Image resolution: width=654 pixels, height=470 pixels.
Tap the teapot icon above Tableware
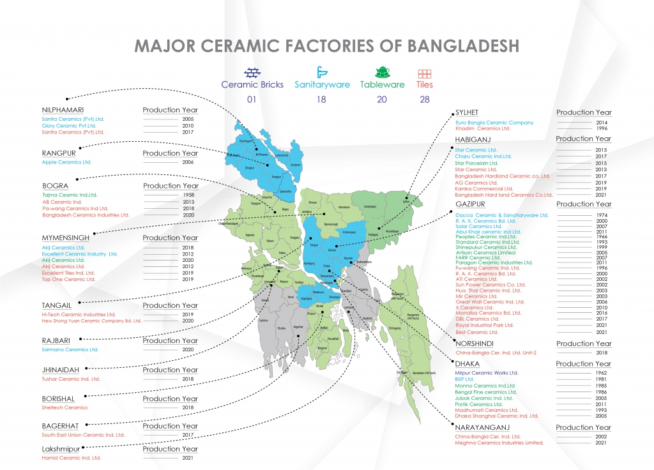[x=382, y=72]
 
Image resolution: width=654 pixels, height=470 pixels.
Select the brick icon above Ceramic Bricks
[x=255, y=72]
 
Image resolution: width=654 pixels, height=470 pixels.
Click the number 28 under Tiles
[x=425, y=99]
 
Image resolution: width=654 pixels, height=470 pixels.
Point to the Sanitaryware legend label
[x=322, y=84]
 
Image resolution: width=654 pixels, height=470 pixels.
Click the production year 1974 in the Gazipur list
[x=601, y=216]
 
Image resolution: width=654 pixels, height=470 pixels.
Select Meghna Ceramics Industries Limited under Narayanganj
[x=499, y=443]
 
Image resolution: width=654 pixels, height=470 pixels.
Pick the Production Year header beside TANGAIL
[x=170, y=305]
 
